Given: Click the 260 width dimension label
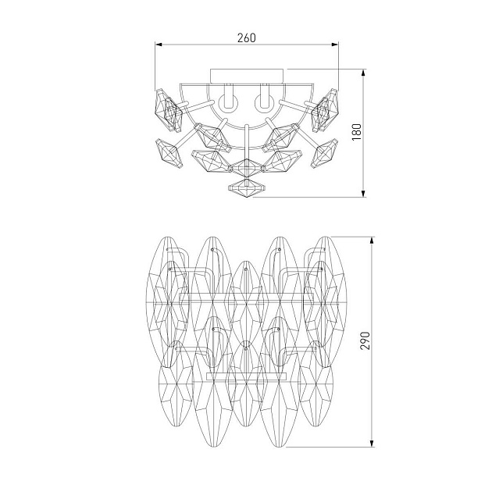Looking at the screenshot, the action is [246, 37].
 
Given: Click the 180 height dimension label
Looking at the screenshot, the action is [357, 132].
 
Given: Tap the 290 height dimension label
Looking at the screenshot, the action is [365, 340].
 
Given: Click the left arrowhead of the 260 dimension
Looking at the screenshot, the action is [159, 45].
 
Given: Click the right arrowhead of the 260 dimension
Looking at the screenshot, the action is [335, 45].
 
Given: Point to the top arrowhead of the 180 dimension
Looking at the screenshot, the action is [363, 73].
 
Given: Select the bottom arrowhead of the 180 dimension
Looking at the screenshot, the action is [363, 194].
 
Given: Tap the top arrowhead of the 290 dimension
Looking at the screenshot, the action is [372, 241].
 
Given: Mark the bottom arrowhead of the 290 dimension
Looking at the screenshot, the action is [372, 443].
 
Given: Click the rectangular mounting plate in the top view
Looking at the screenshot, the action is [247, 77].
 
